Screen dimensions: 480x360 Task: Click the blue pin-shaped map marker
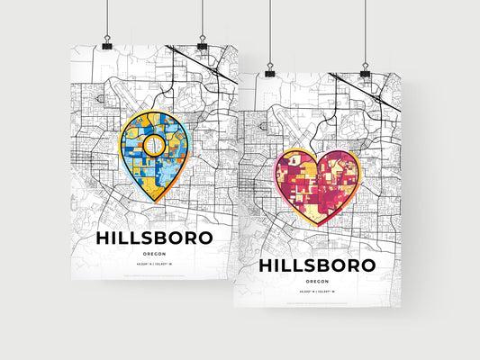155,153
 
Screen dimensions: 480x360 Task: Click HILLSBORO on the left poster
154,238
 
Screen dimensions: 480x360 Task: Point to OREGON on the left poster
154,255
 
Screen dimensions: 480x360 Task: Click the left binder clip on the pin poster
108,44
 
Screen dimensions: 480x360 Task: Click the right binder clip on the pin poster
202,44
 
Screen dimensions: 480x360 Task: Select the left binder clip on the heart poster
268,69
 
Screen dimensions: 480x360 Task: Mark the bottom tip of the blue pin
155,202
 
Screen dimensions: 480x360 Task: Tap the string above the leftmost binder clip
108,18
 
